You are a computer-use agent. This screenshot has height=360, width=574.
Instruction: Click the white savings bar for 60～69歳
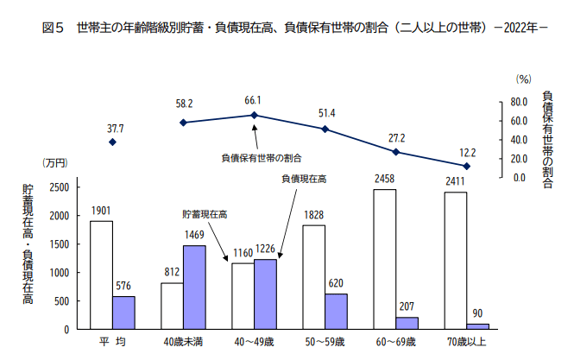(x=385, y=259)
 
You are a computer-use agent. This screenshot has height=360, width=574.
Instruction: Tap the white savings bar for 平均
(x=101, y=275)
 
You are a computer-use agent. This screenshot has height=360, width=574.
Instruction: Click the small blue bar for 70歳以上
(x=477, y=325)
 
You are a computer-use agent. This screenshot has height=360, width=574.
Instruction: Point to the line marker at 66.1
(x=254, y=115)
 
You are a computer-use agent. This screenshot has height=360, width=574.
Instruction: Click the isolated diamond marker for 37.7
(x=113, y=142)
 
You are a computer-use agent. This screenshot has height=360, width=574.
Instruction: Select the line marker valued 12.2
(x=467, y=166)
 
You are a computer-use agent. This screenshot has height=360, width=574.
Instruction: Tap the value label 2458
(x=385, y=180)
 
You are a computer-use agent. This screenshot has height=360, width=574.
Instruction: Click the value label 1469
(x=194, y=236)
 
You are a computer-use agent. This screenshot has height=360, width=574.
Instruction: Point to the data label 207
(x=407, y=307)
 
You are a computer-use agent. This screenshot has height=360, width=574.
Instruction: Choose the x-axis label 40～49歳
(x=254, y=343)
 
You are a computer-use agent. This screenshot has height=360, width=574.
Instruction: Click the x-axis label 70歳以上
(x=467, y=343)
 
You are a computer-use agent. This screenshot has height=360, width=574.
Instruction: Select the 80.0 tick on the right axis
(x=516, y=101)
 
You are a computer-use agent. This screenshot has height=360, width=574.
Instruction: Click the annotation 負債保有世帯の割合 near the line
(x=262, y=158)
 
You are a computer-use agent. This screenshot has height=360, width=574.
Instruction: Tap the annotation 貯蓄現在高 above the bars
(x=205, y=213)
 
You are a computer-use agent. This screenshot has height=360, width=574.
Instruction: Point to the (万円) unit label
(x=54, y=163)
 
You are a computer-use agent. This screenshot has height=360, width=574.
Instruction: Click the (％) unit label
(x=523, y=79)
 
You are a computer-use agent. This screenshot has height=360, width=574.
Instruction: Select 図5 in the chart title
(x=54, y=28)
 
